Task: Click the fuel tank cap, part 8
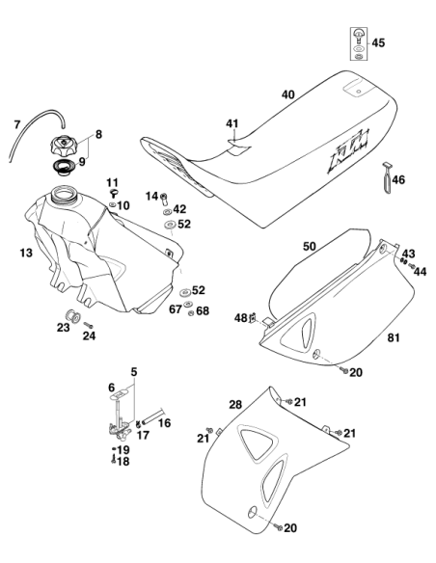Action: tap(64, 145)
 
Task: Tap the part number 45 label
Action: tap(378, 43)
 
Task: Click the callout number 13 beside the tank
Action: tap(26, 254)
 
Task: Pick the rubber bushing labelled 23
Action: tap(72, 316)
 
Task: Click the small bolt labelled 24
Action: tap(89, 325)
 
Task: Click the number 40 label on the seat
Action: tap(288, 94)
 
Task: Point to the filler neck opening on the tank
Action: tap(64, 194)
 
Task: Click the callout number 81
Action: tap(394, 337)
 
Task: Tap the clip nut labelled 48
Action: tap(253, 317)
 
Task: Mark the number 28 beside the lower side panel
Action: tap(235, 405)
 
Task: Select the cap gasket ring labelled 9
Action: tap(64, 168)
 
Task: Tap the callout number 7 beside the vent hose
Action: tap(17, 125)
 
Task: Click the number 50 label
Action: tap(310, 247)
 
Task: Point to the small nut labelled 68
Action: tap(191, 312)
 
